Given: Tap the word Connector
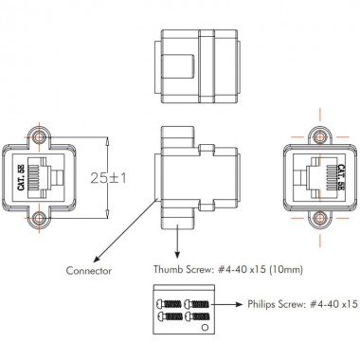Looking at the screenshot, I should click(91, 271).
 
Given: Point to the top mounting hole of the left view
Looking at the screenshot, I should click(39, 135).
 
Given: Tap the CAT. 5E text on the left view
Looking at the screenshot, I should click(21, 177).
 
